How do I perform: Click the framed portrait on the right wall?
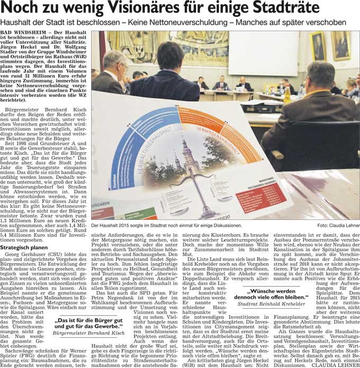(319, 46)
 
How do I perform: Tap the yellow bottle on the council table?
(286, 95)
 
